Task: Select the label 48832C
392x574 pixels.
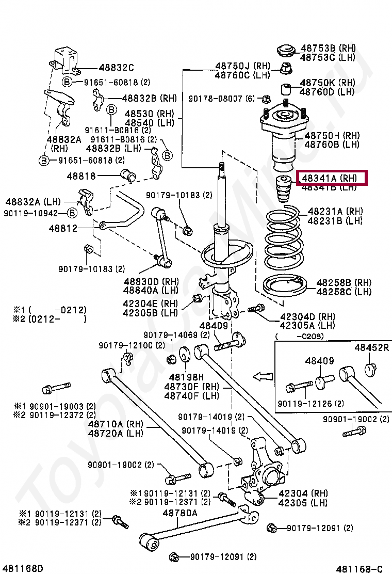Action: (116, 68)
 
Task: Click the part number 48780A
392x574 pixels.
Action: (180, 513)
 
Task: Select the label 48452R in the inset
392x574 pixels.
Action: (371, 348)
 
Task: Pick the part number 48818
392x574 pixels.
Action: (81, 176)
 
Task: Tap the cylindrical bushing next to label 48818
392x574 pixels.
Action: (127, 176)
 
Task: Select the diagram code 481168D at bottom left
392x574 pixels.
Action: (22, 568)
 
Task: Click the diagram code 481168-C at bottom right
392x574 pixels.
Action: (360, 568)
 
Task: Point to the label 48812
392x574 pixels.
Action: (63, 228)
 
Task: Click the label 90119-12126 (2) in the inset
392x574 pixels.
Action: (311, 403)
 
